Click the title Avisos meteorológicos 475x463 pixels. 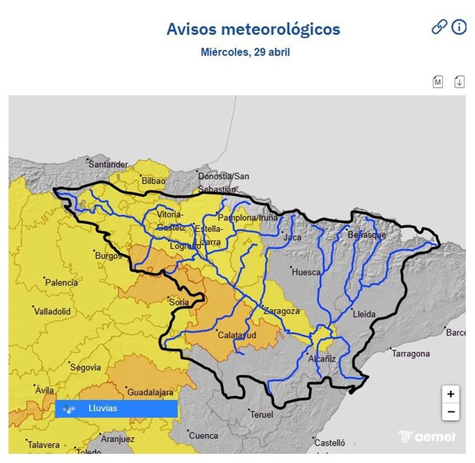[253, 30]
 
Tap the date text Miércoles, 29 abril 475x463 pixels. [245, 52]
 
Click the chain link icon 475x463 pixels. [439, 27]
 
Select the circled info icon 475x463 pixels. [459, 27]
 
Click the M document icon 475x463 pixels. [438, 82]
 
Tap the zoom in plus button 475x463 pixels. [450, 394]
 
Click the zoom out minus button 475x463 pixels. [450, 412]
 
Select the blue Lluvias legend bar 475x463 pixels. [116, 409]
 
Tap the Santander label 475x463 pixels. [109, 164]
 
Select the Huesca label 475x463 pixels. [306, 272]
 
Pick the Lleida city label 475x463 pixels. [363, 314]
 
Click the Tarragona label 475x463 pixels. [410, 353]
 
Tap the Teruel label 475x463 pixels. [262, 414]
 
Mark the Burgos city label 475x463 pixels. [108, 256]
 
